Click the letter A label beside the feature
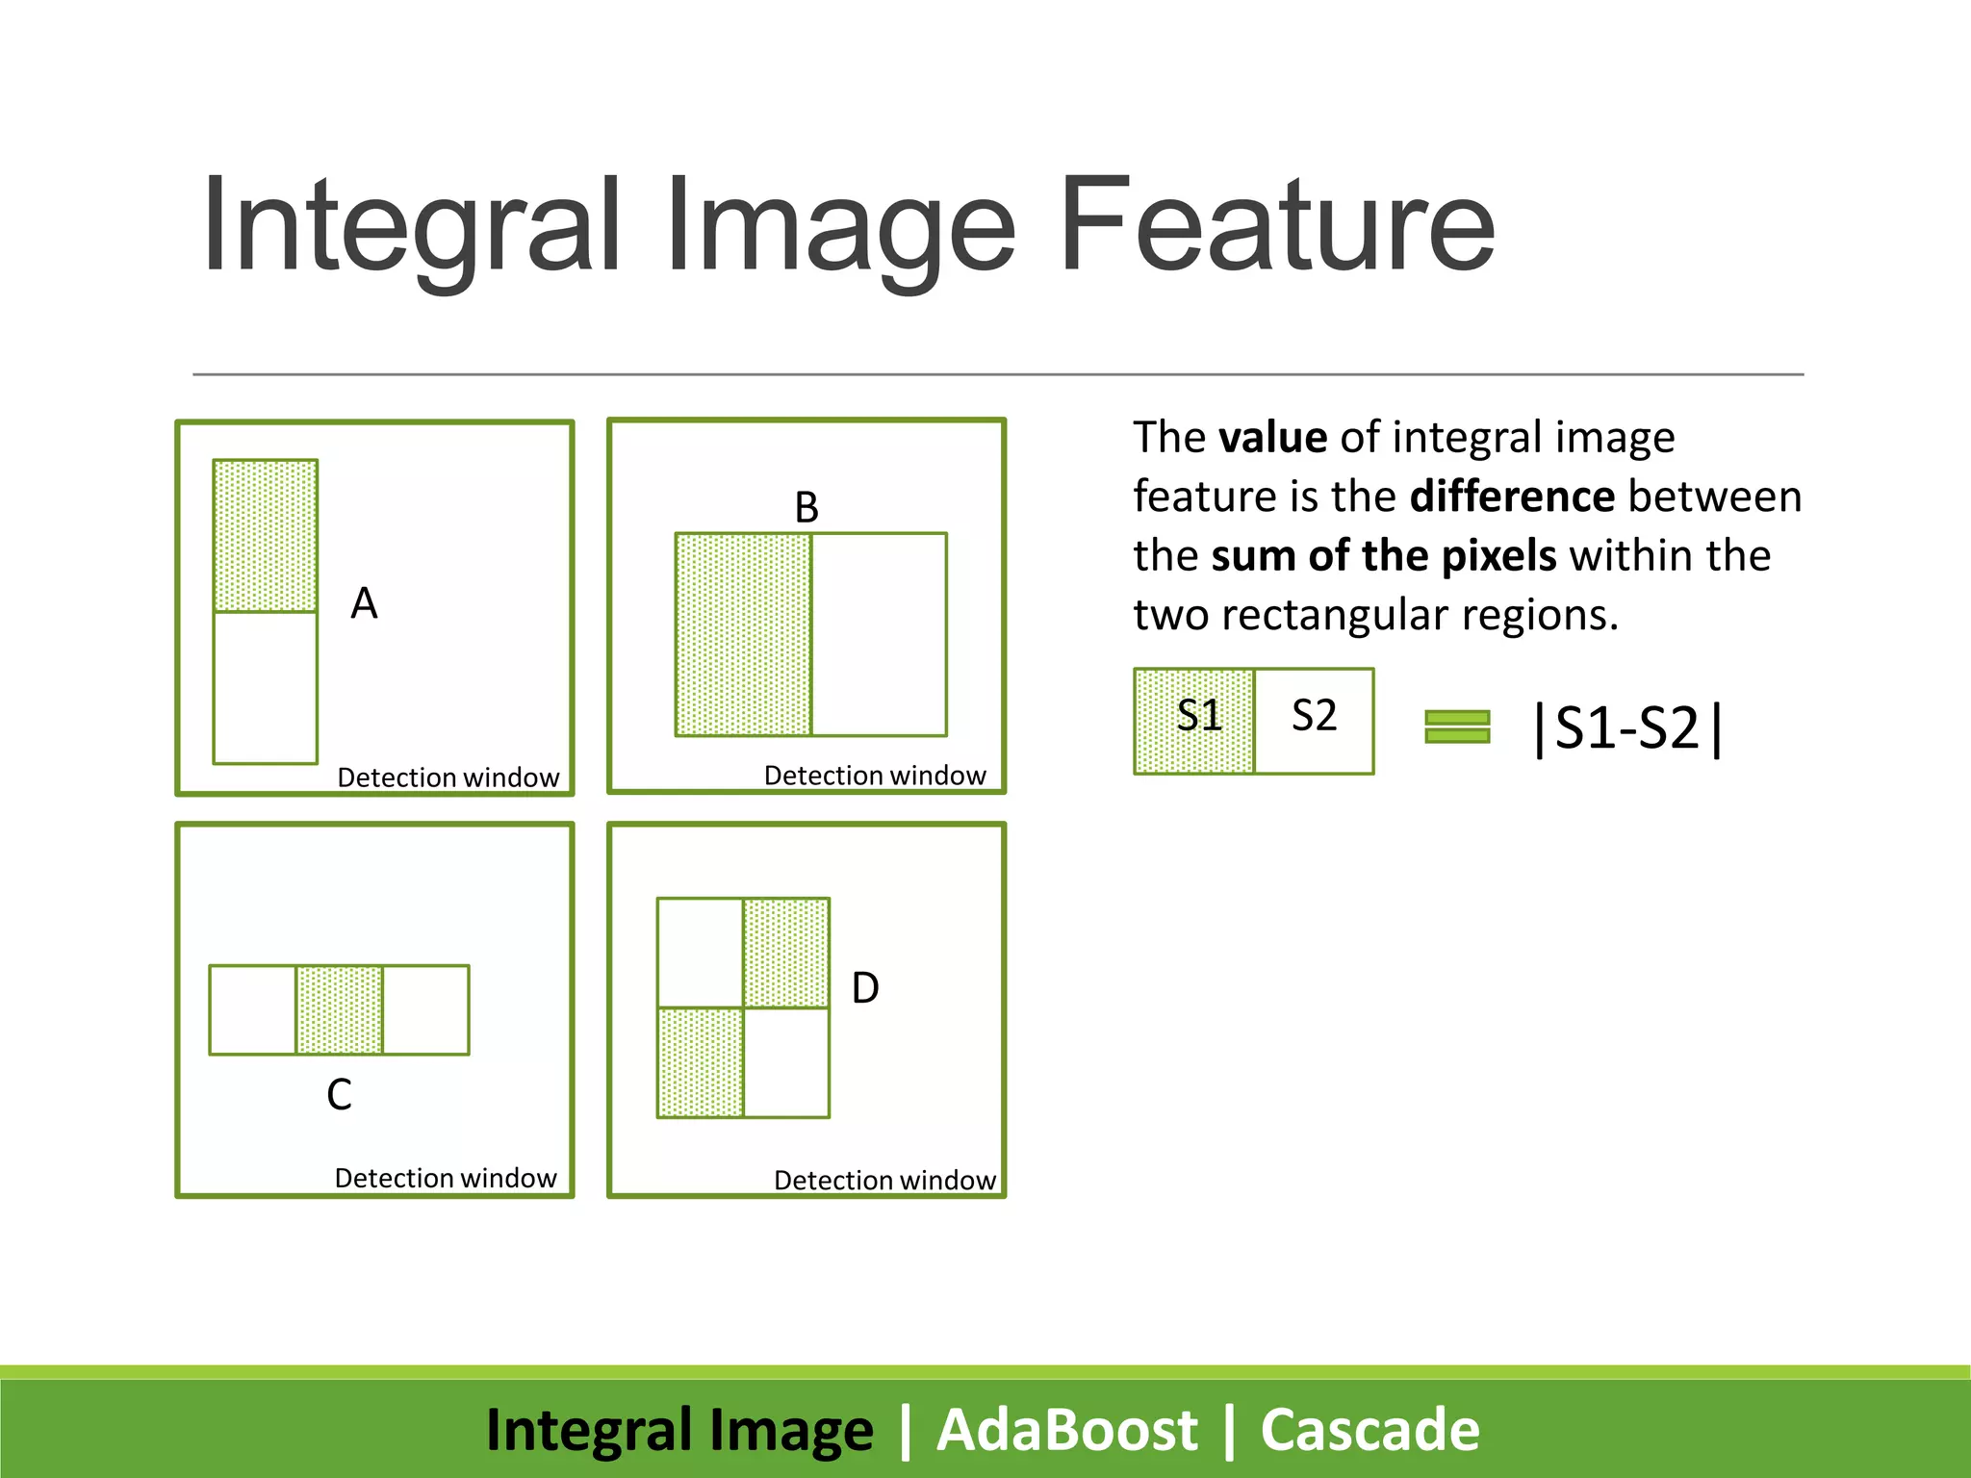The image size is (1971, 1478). coord(364,604)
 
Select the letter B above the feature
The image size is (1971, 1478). coord(806,507)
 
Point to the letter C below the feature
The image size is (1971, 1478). coord(339,1094)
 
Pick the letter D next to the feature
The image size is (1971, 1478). coord(865,988)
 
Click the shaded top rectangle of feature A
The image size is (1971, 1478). coord(266,536)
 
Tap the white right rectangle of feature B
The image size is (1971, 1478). coord(879,634)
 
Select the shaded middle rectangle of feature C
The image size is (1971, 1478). coord(339,1009)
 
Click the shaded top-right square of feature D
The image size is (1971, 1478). coord(786,953)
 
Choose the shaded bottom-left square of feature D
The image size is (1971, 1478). coord(700,1062)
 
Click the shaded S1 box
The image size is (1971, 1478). coord(1194,721)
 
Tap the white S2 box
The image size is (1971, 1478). coord(1314,721)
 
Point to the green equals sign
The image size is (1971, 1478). coord(1457,726)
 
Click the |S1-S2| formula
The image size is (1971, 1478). coord(1627,728)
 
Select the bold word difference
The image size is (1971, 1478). coord(1511,497)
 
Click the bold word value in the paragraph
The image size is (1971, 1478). coord(1273,438)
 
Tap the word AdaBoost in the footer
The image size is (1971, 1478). coord(1066,1429)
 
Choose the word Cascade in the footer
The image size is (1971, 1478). coord(1369,1429)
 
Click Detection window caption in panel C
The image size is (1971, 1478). coord(446,1178)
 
